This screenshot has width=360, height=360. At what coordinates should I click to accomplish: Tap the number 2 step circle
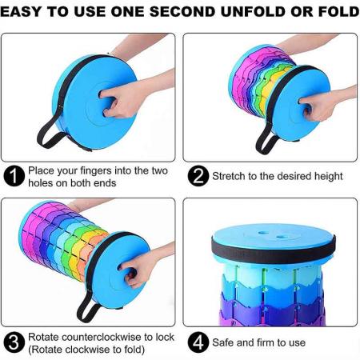[x=198, y=176]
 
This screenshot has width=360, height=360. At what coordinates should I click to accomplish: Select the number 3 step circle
[x=14, y=343]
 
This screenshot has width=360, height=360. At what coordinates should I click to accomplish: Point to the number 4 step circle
[x=198, y=343]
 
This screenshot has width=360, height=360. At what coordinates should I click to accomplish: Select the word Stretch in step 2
[x=229, y=176]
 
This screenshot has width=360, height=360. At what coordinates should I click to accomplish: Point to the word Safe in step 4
[x=226, y=343]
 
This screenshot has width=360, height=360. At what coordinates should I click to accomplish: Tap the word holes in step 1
[x=42, y=182]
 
